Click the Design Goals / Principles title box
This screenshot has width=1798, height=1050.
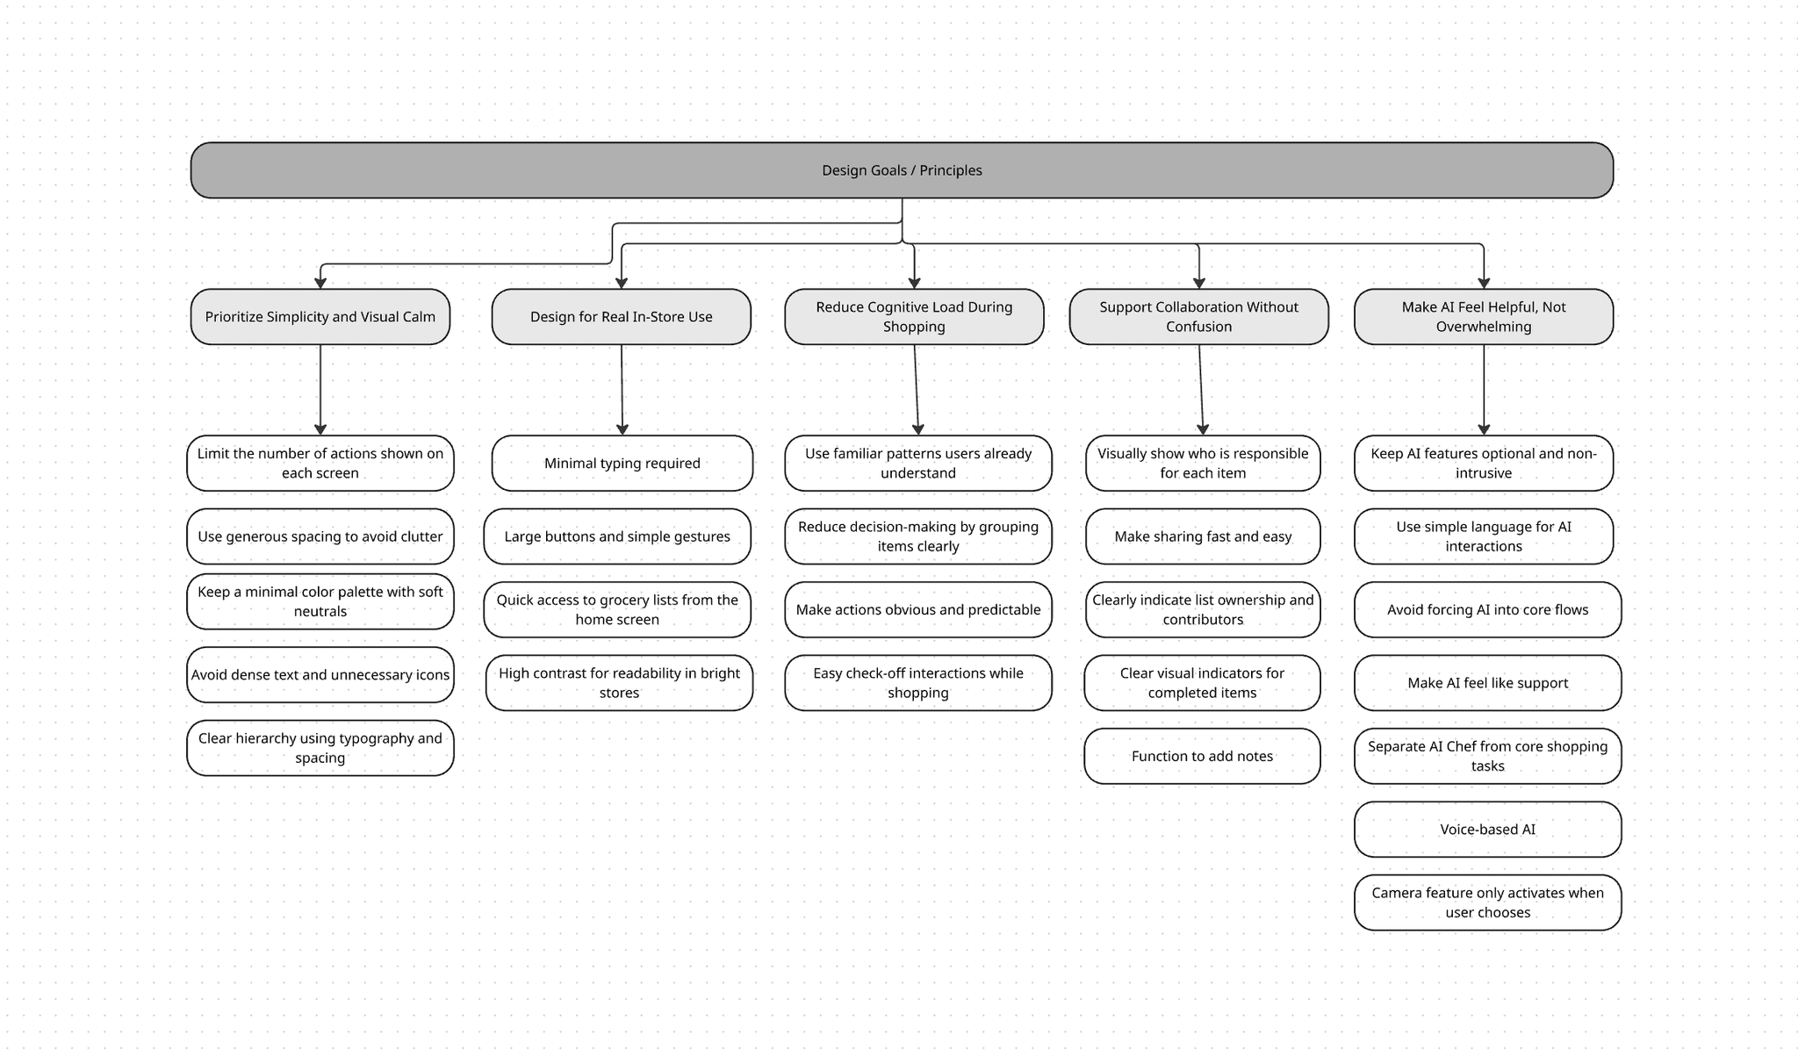902,170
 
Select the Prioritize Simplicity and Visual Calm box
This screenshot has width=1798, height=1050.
320,317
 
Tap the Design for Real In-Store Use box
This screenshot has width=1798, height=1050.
621,317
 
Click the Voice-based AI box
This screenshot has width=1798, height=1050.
1487,830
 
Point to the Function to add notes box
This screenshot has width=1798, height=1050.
1202,756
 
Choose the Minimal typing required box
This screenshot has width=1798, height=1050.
622,464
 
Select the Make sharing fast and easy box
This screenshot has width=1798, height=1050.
1203,536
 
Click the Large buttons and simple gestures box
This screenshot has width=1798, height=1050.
617,536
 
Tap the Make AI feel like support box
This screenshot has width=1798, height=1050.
1487,683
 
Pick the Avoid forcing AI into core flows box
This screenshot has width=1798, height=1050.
1487,610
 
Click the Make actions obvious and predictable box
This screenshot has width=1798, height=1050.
918,610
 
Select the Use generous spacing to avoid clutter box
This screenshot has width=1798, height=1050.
320,536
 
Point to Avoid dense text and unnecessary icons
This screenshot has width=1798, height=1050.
320,675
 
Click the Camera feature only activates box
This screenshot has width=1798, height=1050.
1487,903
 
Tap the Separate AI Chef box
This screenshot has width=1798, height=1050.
1487,756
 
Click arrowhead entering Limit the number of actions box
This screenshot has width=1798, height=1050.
320,429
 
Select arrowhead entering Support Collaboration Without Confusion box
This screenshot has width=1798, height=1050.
1199,283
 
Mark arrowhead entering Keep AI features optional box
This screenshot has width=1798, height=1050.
1484,429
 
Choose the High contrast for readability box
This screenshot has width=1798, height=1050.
619,683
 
